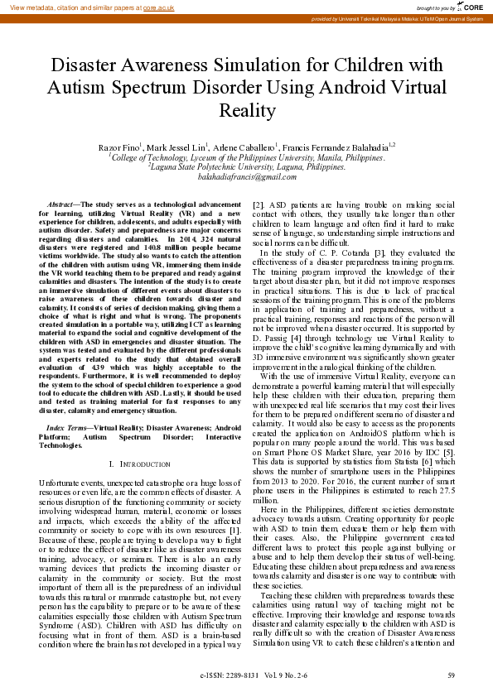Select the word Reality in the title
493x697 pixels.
[246, 109]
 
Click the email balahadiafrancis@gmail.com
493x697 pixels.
[246, 176]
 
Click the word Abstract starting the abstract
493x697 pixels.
[60, 204]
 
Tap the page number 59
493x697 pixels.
[451, 675]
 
